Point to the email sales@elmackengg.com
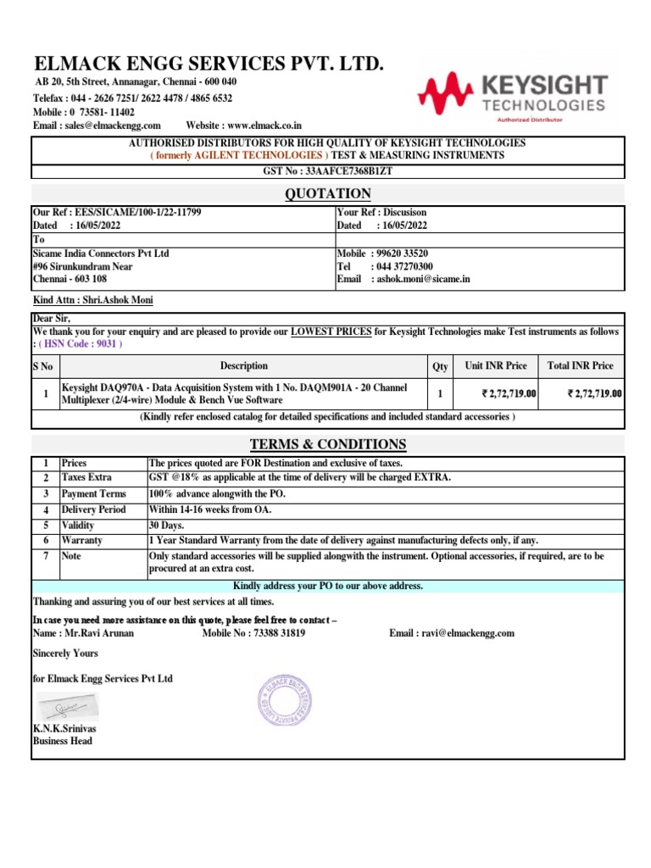[109, 125]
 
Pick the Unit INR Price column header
[496, 366]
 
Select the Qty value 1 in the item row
[440, 394]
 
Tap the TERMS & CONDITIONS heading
[327, 445]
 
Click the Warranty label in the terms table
[82, 540]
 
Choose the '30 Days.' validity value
[167, 525]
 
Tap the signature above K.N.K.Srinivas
[66, 706]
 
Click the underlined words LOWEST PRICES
[331, 331]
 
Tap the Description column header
[244, 366]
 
